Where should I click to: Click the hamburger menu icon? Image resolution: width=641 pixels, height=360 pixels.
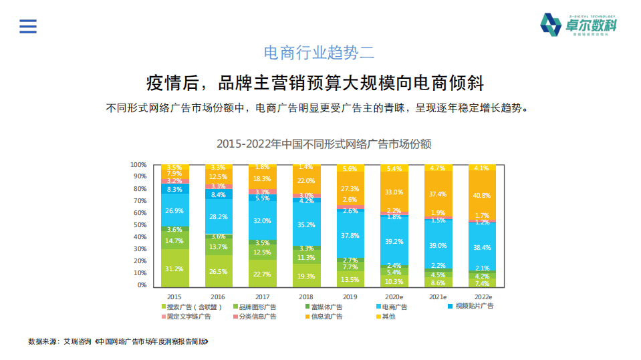point(28,26)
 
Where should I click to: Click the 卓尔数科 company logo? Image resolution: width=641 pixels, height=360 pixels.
point(578,25)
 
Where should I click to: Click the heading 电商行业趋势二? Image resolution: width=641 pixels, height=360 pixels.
point(320,53)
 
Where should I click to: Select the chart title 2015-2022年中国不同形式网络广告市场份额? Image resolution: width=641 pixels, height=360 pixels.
point(324,144)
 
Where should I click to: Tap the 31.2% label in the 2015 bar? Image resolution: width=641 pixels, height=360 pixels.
point(174,269)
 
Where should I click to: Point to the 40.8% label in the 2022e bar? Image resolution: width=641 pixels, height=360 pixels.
point(482,196)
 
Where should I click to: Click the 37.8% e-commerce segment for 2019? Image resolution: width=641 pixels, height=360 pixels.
point(350,236)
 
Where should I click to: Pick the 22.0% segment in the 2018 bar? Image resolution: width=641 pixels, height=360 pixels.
point(306,181)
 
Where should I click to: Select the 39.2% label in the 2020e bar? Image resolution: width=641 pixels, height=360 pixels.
point(394,242)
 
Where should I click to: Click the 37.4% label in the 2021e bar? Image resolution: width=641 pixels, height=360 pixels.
point(438,194)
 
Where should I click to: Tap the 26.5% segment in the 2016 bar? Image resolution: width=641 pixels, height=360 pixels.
point(219,272)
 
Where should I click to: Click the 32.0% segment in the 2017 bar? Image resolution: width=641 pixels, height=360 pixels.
point(262,221)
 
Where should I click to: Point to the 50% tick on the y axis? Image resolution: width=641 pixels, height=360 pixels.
point(138,225)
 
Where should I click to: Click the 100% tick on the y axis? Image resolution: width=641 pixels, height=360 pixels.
point(138,165)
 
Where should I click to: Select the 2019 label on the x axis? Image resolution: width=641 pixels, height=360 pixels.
point(350,297)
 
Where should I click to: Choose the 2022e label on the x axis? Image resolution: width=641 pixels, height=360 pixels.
point(482,297)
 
